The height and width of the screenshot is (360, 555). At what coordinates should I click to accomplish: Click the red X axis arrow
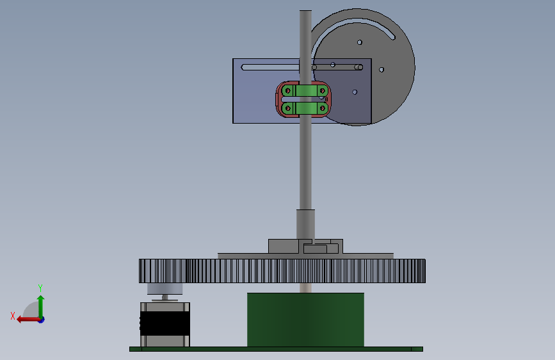point(28,320)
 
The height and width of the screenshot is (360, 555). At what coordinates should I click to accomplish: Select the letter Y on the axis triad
point(40,288)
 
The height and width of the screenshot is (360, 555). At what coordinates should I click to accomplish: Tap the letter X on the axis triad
point(13,316)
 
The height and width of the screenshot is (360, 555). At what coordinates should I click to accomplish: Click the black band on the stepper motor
point(165,323)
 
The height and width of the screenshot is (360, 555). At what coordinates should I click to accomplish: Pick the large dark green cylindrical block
point(305,320)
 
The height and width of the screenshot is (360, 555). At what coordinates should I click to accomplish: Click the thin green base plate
point(276,349)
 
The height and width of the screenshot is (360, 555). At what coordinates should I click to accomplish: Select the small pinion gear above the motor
point(165,288)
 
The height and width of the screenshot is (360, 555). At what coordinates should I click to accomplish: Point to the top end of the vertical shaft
point(305,11)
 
